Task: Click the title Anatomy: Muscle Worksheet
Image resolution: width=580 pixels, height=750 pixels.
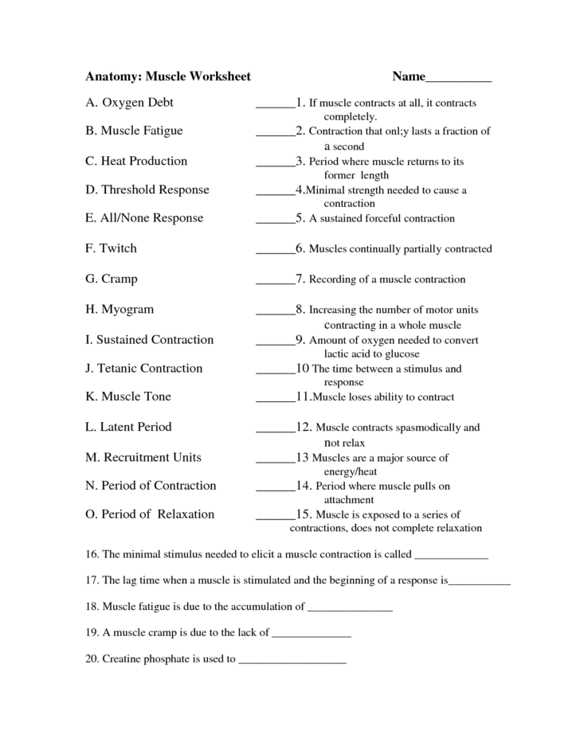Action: pos(168,77)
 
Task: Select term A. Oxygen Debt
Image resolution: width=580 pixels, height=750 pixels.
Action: pos(129,103)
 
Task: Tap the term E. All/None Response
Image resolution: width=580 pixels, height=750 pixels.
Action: pos(144,218)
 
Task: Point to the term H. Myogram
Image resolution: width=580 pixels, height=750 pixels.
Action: pos(120,309)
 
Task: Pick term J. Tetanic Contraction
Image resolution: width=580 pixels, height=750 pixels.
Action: pos(144,368)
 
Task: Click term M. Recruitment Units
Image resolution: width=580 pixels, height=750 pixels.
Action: pos(143,457)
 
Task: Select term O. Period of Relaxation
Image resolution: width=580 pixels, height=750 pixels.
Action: pos(150,514)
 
